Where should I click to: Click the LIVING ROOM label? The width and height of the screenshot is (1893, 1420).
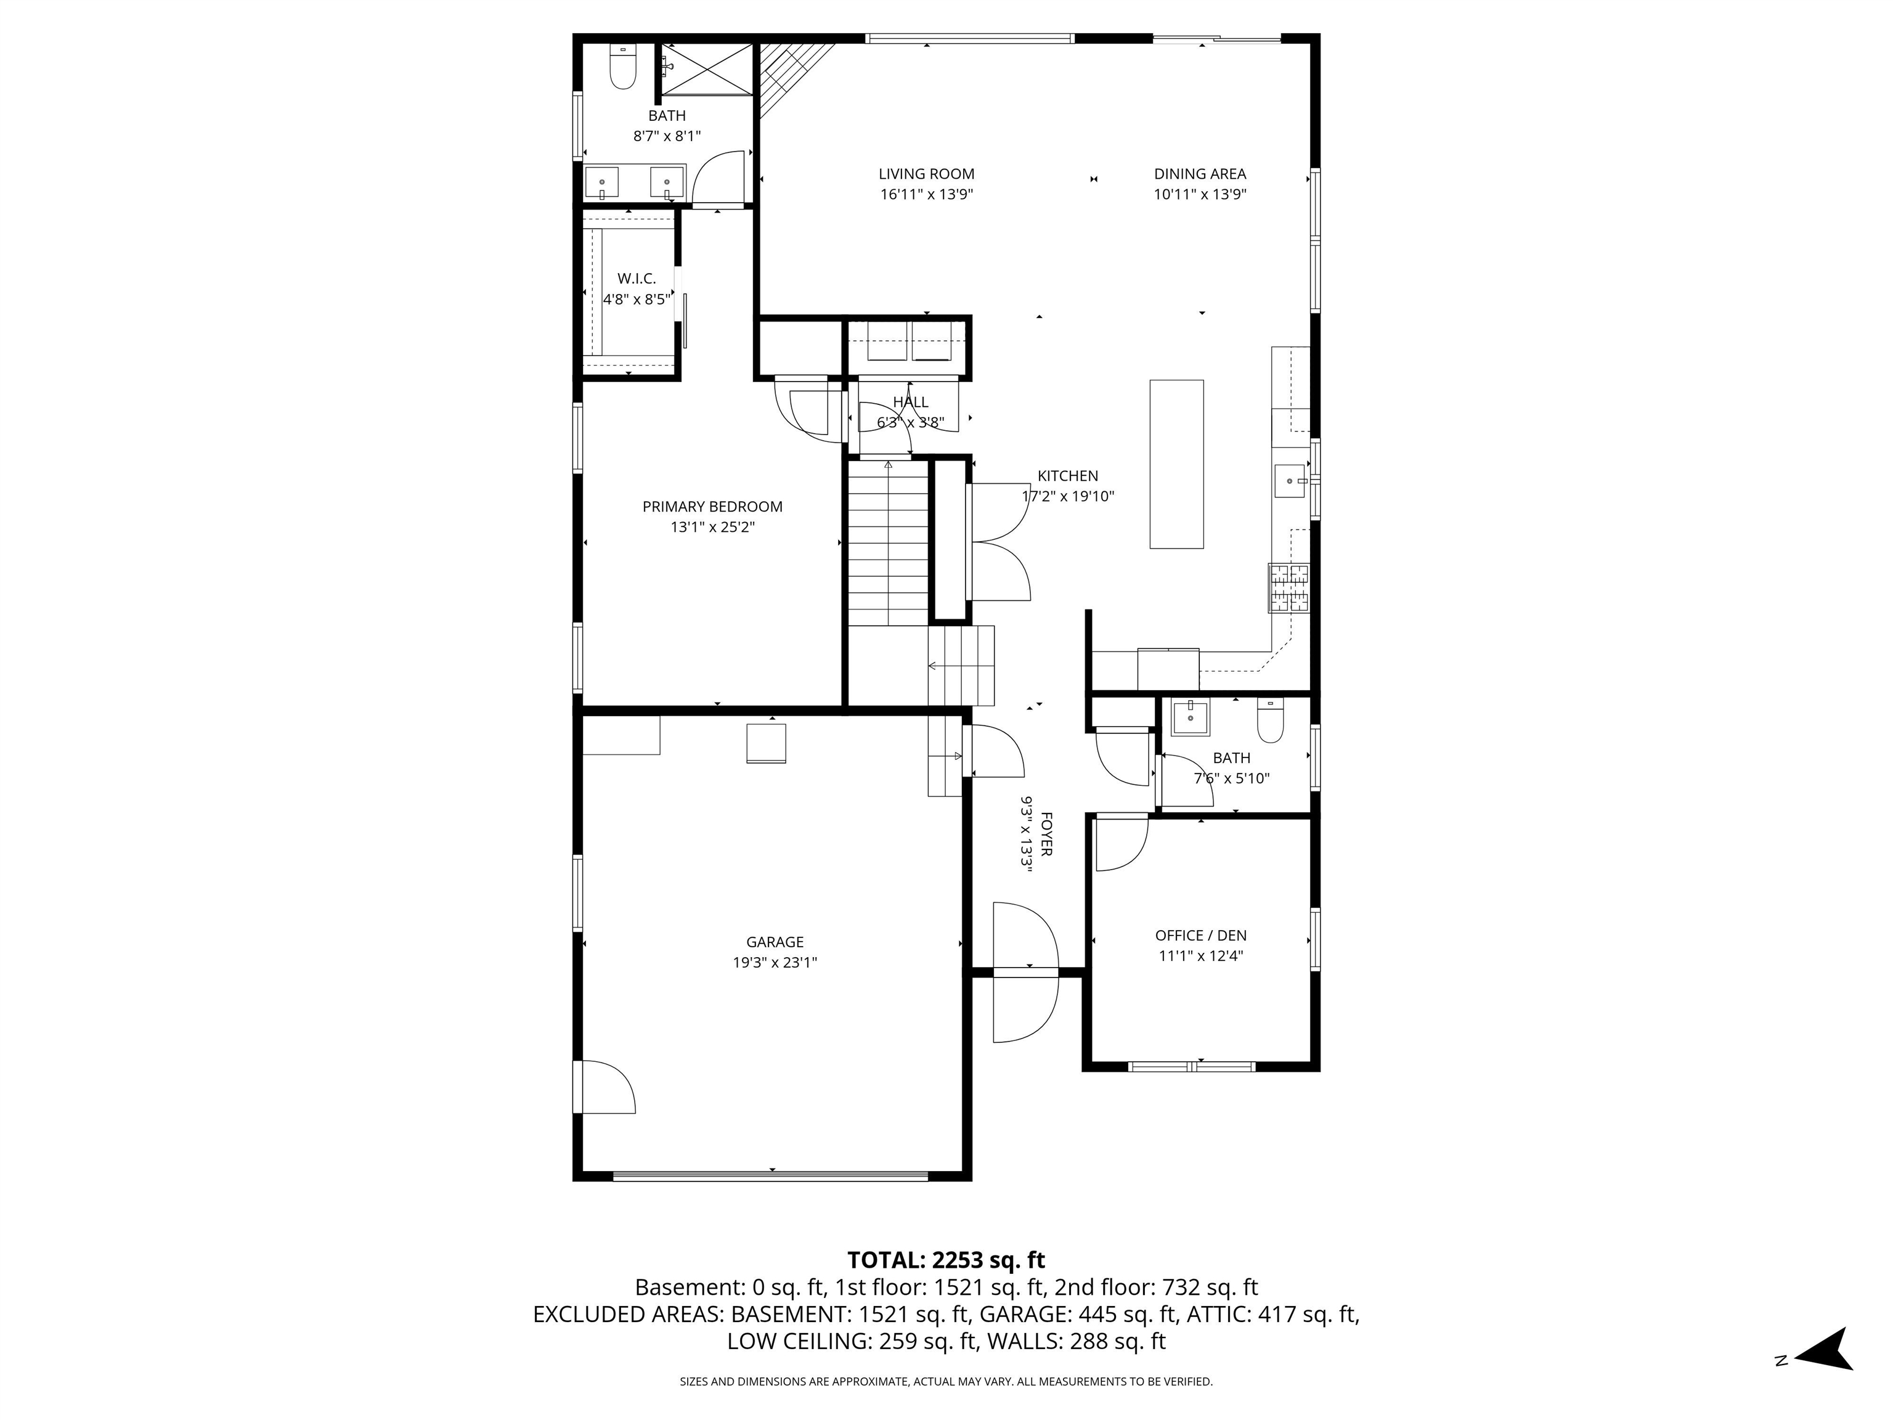click(926, 174)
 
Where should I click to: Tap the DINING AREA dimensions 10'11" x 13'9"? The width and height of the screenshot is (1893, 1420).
click(1199, 194)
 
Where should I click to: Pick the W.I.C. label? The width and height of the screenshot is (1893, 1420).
click(636, 279)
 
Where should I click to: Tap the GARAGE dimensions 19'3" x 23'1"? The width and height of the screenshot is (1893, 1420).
click(775, 962)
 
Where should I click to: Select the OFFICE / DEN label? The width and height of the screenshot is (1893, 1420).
click(1200, 936)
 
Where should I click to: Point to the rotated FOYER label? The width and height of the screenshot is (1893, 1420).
click(1046, 834)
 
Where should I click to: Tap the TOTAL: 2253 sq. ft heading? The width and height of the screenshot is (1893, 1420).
click(946, 1260)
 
